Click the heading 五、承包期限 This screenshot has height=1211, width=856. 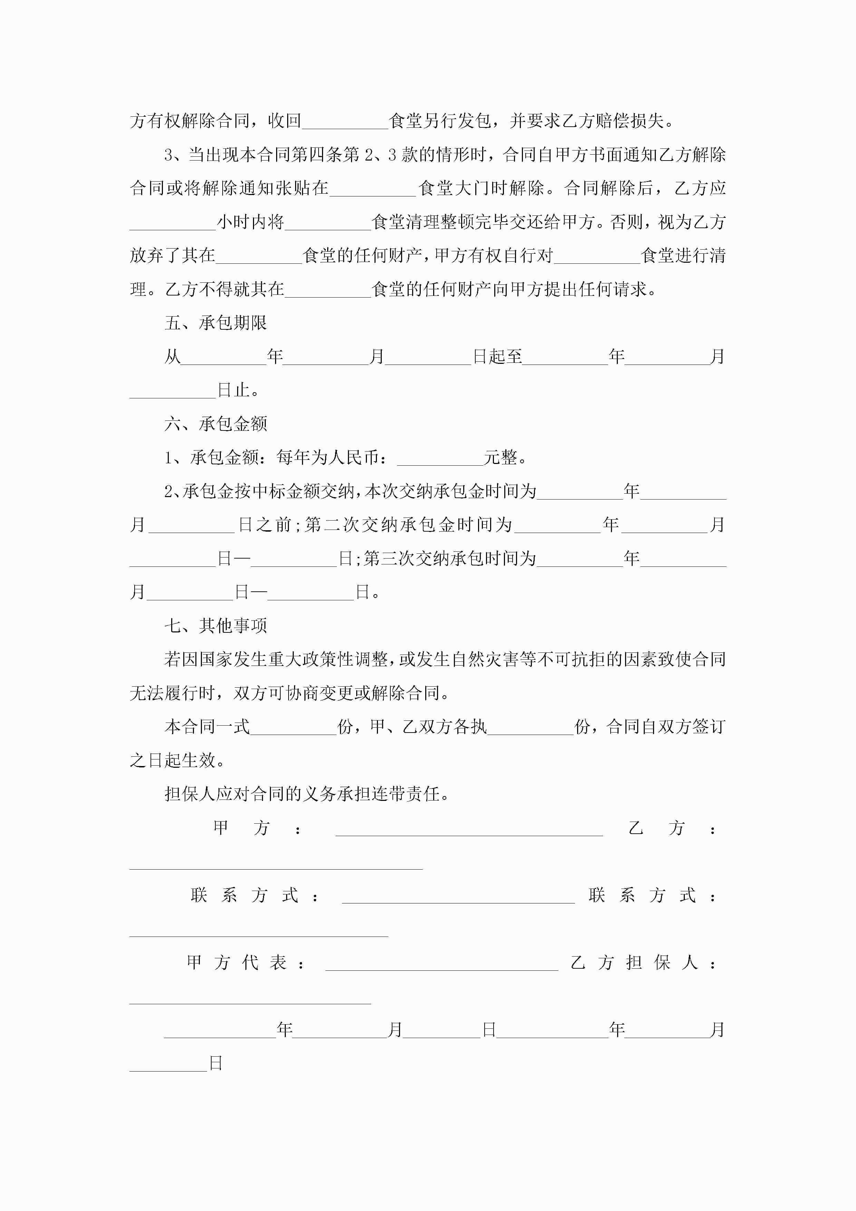216,323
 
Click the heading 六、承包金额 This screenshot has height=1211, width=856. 216,424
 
